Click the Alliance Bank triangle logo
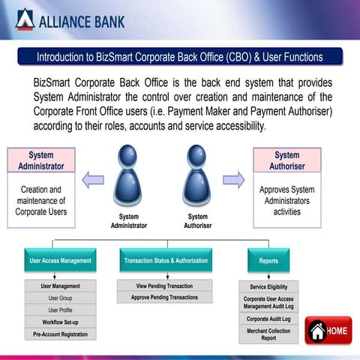[x=25, y=19]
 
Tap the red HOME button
[x=328, y=331]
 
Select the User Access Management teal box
[x=60, y=261]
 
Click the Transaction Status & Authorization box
[x=165, y=261]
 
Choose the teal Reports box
[x=268, y=261]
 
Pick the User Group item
[x=60, y=298]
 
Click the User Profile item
[x=60, y=310]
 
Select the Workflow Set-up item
[x=60, y=322]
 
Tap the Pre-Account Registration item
[x=60, y=334]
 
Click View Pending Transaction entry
[x=164, y=286]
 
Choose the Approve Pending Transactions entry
[x=164, y=298]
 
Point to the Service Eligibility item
[x=268, y=286]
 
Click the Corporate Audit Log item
[x=268, y=319]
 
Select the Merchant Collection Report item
[x=268, y=334]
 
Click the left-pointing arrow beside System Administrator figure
[x=93, y=178]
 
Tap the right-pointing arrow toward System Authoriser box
[x=234, y=178]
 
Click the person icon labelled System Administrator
[x=128, y=176]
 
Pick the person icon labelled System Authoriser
[x=198, y=176]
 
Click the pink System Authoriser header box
[x=286, y=160]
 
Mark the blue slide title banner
[x=180, y=57]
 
